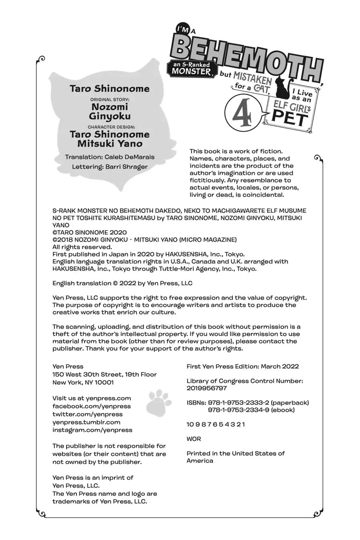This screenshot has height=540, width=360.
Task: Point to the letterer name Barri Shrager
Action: pos(126,167)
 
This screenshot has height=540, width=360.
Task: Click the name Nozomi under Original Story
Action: pos(110,107)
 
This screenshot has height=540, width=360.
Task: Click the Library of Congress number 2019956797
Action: pos(206,388)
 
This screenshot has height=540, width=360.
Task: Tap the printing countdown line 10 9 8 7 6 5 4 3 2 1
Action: pos(216,424)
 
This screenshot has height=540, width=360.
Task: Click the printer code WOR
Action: pos(194,439)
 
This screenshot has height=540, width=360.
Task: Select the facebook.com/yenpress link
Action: pos(92,406)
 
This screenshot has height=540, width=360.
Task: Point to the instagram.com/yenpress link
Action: pos(92,430)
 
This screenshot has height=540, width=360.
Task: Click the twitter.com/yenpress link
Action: pos(88,414)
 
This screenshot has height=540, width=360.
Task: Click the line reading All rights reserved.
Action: pos(77,247)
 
